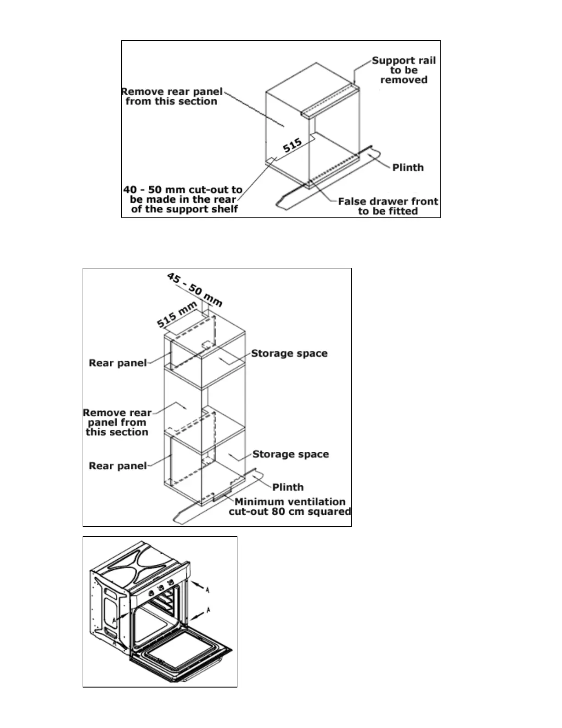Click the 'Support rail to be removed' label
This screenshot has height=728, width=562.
click(404, 70)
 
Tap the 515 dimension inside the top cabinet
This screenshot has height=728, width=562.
click(292, 146)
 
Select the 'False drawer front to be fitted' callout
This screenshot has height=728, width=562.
click(388, 206)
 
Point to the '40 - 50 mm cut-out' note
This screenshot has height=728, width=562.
click(183, 199)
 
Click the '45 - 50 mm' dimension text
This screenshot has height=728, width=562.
click(195, 290)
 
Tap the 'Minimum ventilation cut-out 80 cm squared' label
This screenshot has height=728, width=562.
click(290, 506)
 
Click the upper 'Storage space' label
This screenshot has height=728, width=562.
click(289, 353)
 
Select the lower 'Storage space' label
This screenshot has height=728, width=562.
click(291, 454)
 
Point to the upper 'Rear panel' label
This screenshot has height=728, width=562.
click(118, 363)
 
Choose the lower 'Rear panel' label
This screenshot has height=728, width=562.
click(118, 466)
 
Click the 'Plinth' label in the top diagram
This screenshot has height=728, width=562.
click(408, 167)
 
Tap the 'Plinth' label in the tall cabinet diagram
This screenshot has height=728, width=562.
click(288, 487)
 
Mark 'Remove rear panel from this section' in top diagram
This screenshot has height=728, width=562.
click(171, 97)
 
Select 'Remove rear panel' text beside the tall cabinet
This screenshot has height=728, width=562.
click(117, 422)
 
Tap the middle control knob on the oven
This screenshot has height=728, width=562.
click(162, 587)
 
